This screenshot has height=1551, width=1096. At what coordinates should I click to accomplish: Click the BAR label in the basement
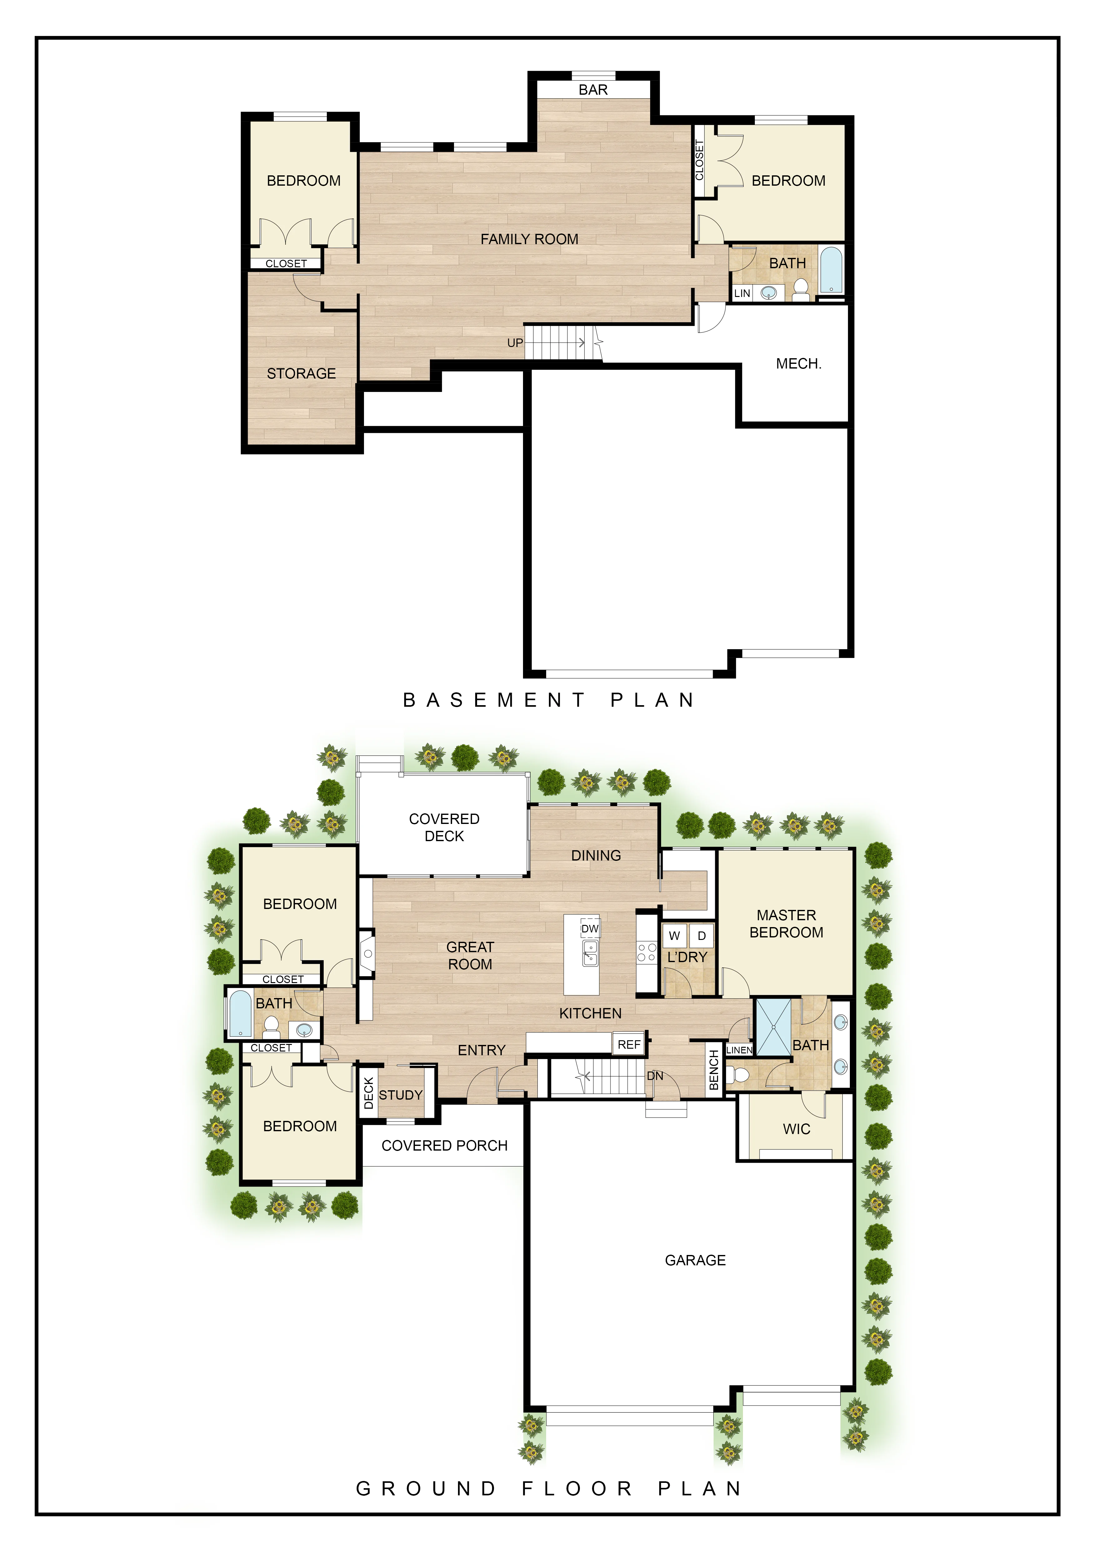[x=593, y=90]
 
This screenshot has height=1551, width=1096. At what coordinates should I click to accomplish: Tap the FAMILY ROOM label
[x=530, y=239]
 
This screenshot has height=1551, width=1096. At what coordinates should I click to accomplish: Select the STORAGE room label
[x=301, y=374]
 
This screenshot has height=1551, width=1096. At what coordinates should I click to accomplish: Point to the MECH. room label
[x=799, y=364]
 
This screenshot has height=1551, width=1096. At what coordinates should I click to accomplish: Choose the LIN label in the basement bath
[x=742, y=293]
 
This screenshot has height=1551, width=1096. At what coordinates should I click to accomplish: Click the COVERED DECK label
[x=444, y=827]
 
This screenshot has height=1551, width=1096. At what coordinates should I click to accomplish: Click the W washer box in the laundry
[x=674, y=936]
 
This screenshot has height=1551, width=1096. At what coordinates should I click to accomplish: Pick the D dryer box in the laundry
[x=702, y=936]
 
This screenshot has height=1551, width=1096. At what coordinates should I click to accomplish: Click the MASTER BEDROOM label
[x=787, y=924]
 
